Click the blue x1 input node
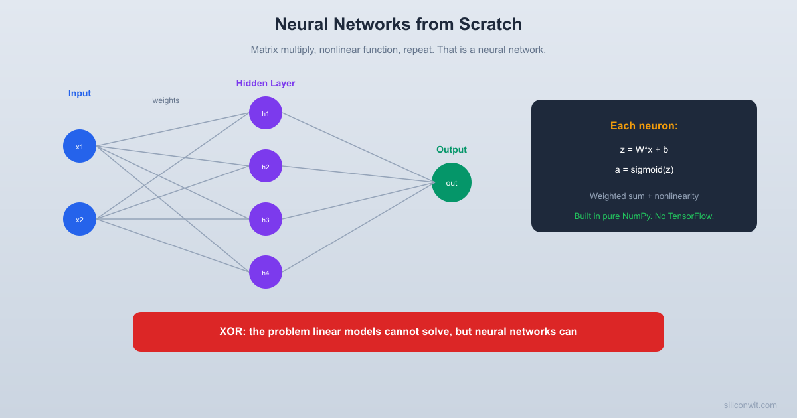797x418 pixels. tap(80, 146)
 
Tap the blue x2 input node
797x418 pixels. tap(80, 219)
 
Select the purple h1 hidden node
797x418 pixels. tap(266, 113)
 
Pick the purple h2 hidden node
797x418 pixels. tap(266, 166)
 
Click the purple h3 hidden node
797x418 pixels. tap(266, 219)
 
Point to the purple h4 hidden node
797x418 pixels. tap(266, 272)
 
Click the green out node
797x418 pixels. tap(452, 182)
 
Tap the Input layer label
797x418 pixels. tap(80, 94)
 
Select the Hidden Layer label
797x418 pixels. tap(266, 84)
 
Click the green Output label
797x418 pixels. tap(452, 150)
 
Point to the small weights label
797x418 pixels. tap(166, 100)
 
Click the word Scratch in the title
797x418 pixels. tap(490, 25)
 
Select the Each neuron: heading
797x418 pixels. tap(644, 126)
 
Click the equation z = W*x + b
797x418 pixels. tap(644, 150)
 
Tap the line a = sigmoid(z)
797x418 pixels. tap(644, 170)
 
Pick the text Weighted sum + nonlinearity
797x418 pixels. tap(644, 196)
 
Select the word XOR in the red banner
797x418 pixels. tap(231, 332)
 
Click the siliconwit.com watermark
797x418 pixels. tap(750, 405)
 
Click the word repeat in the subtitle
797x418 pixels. tap(418, 50)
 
